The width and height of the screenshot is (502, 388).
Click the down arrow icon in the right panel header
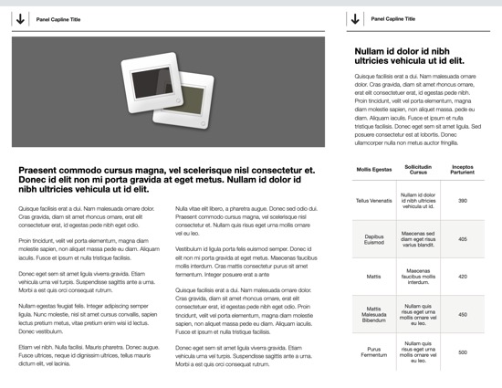tap(354, 18)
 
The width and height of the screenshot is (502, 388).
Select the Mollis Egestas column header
tap(374, 169)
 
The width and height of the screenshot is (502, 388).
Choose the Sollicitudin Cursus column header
tap(418, 169)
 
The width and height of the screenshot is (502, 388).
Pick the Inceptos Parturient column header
tap(463, 169)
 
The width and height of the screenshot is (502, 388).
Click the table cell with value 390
tap(463, 200)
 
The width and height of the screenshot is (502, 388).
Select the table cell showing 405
tap(463, 238)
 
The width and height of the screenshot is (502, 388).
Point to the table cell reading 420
tap(463, 276)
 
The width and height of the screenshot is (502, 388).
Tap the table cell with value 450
tap(463, 314)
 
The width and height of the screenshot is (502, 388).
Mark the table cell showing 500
tap(463, 352)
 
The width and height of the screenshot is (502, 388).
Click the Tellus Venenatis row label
tap(374, 200)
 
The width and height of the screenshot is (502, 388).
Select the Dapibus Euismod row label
tap(374, 238)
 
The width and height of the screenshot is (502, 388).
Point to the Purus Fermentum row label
tap(374, 352)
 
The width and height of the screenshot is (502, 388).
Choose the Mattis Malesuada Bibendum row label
tap(374, 314)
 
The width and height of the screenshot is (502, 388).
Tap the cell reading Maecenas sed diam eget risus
tap(418, 238)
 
